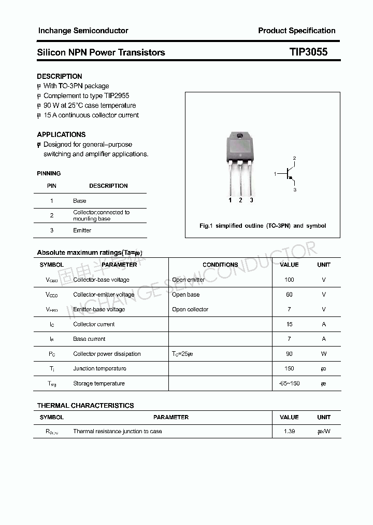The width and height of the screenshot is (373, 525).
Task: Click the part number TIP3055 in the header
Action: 308,52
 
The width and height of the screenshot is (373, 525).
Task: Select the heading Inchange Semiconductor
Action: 83,31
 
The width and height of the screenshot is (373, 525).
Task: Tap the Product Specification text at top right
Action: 296,31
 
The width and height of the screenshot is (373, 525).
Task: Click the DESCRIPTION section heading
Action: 60,76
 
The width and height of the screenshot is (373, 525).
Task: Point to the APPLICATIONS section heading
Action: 61,134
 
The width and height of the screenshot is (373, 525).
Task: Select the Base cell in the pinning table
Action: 80,201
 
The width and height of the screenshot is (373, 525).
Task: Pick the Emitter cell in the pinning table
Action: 82,230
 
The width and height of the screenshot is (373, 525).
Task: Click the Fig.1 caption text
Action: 263,226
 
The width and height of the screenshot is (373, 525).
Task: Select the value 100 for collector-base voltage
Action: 289,280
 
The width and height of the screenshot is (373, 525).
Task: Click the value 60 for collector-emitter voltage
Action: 289,295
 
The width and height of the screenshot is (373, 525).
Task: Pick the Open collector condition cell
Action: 190,309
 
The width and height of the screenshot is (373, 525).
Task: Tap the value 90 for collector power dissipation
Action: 289,354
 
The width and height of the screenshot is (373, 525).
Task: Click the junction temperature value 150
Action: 289,368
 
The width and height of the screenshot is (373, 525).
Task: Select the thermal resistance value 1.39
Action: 289,432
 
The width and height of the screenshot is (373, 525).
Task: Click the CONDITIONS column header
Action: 220,265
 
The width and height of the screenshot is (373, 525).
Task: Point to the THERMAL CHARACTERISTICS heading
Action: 85,406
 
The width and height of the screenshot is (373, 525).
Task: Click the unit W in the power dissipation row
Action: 324,354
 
